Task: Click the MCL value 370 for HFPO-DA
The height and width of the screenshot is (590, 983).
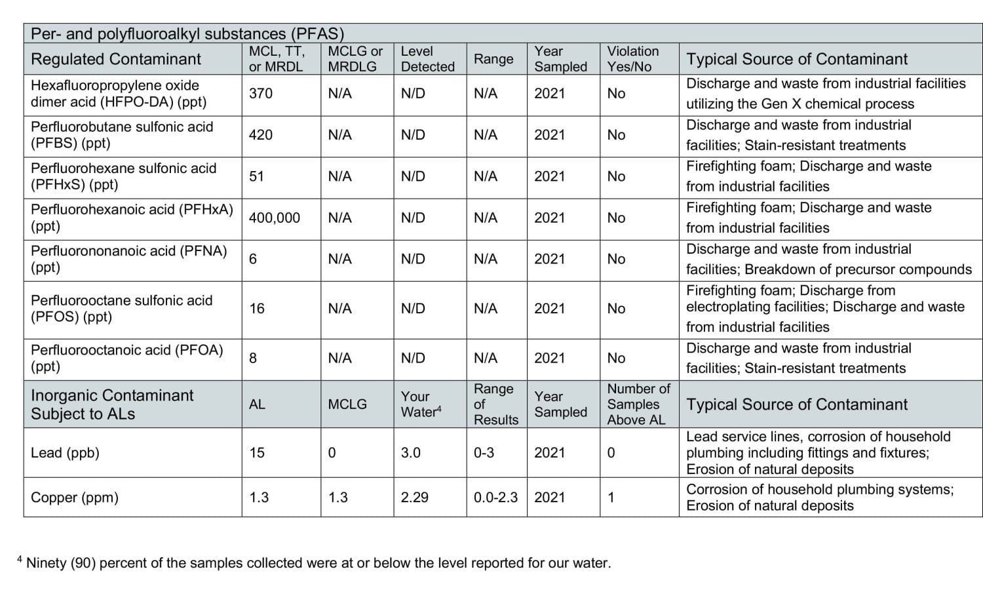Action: (261, 94)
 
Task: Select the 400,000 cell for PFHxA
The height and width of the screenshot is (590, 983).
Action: (275, 218)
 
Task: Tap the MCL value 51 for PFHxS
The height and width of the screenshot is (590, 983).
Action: (257, 176)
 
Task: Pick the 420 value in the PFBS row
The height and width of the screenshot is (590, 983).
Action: (261, 135)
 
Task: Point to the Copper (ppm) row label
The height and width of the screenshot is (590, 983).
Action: (75, 498)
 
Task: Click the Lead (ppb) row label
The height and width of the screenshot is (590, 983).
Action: (65, 453)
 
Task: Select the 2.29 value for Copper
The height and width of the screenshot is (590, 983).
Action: (415, 498)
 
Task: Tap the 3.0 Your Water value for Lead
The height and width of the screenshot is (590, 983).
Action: (411, 453)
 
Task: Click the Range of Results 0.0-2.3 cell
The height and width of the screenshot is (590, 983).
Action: (495, 498)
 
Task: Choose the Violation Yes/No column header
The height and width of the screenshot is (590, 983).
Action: (632, 59)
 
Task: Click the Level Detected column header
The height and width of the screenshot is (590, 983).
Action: (427, 59)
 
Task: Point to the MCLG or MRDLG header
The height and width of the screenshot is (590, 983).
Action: (355, 59)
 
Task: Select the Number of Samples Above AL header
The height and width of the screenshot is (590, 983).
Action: (638, 404)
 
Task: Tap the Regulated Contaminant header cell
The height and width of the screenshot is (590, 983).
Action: (116, 59)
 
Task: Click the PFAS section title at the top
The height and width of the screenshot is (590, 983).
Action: (187, 34)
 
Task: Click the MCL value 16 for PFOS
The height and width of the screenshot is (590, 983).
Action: (257, 309)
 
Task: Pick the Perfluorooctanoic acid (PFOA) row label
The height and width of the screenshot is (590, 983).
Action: (126, 358)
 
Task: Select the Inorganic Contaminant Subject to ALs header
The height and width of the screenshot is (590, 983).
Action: (112, 404)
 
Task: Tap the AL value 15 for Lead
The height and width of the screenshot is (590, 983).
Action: (257, 453)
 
